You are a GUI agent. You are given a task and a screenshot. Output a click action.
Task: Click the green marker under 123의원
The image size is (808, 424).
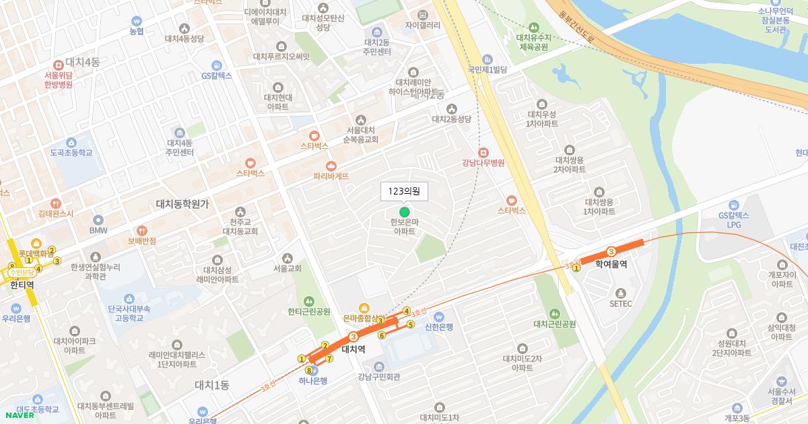[x=404, y=212]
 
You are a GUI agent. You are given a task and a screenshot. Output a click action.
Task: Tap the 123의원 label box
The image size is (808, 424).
[x=404, y=192]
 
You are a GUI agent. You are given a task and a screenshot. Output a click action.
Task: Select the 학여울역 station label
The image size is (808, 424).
[x=611, y=264]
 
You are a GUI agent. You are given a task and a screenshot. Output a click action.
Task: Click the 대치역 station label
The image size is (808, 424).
[x=353, y=349]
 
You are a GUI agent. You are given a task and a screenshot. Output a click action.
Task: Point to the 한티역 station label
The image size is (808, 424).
[x=22, y=285]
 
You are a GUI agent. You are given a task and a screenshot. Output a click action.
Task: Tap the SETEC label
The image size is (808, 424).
[x=620, y=304]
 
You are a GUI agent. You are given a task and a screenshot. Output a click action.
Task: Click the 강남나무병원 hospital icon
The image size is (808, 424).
[x=483, y=152]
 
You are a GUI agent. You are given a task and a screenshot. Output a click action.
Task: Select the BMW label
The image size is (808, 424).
[x=98, y=229]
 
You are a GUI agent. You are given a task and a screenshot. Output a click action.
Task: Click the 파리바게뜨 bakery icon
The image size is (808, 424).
[x=331, y=166]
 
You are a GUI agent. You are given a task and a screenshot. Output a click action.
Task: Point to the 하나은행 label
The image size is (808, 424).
[x=313, y=380]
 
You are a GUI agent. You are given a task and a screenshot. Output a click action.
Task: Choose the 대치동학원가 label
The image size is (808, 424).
[x=182, y=203]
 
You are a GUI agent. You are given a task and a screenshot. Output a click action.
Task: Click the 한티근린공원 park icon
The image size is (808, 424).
[x=309, y=301]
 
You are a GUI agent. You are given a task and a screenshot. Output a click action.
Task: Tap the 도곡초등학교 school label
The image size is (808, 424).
[x=71, y=153]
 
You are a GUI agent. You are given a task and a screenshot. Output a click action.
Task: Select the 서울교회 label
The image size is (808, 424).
[x=288, y=268]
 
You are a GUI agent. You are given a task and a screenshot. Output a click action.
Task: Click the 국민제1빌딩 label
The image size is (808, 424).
[x=487, y=69]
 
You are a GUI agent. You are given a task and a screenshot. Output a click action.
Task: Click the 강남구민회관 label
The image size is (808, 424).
[x=379, y=377]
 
